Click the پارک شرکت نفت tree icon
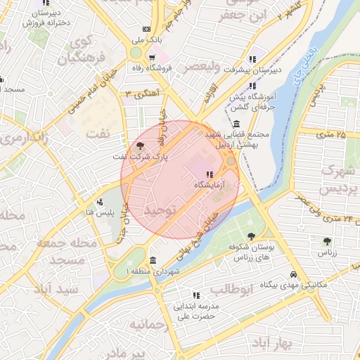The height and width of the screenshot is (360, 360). [x=141, y=146]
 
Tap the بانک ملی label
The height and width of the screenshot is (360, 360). [x=147, y=40]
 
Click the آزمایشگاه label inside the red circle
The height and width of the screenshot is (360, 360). [x=210, y=184]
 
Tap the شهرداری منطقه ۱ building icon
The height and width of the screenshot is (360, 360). [x=153, y=262]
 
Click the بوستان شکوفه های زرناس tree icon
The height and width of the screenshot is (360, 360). [x=252, y=236]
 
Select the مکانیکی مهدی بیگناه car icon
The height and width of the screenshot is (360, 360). [x=293, y=275]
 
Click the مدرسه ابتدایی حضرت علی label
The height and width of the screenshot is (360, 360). [x=195, y=312]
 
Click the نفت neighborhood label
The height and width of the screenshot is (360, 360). [x=98, y=134]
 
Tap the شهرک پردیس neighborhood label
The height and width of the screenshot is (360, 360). [x=335, y=180]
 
